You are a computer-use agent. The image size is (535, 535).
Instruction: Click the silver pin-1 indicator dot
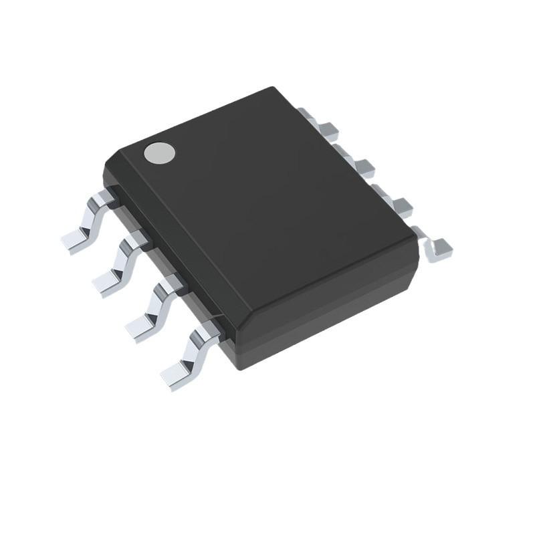[x=159, y=153]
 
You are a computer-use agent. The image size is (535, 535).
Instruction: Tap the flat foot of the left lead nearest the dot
[x=74, y=241]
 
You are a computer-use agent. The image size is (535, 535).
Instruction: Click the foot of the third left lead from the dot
[x=139, y=329]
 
